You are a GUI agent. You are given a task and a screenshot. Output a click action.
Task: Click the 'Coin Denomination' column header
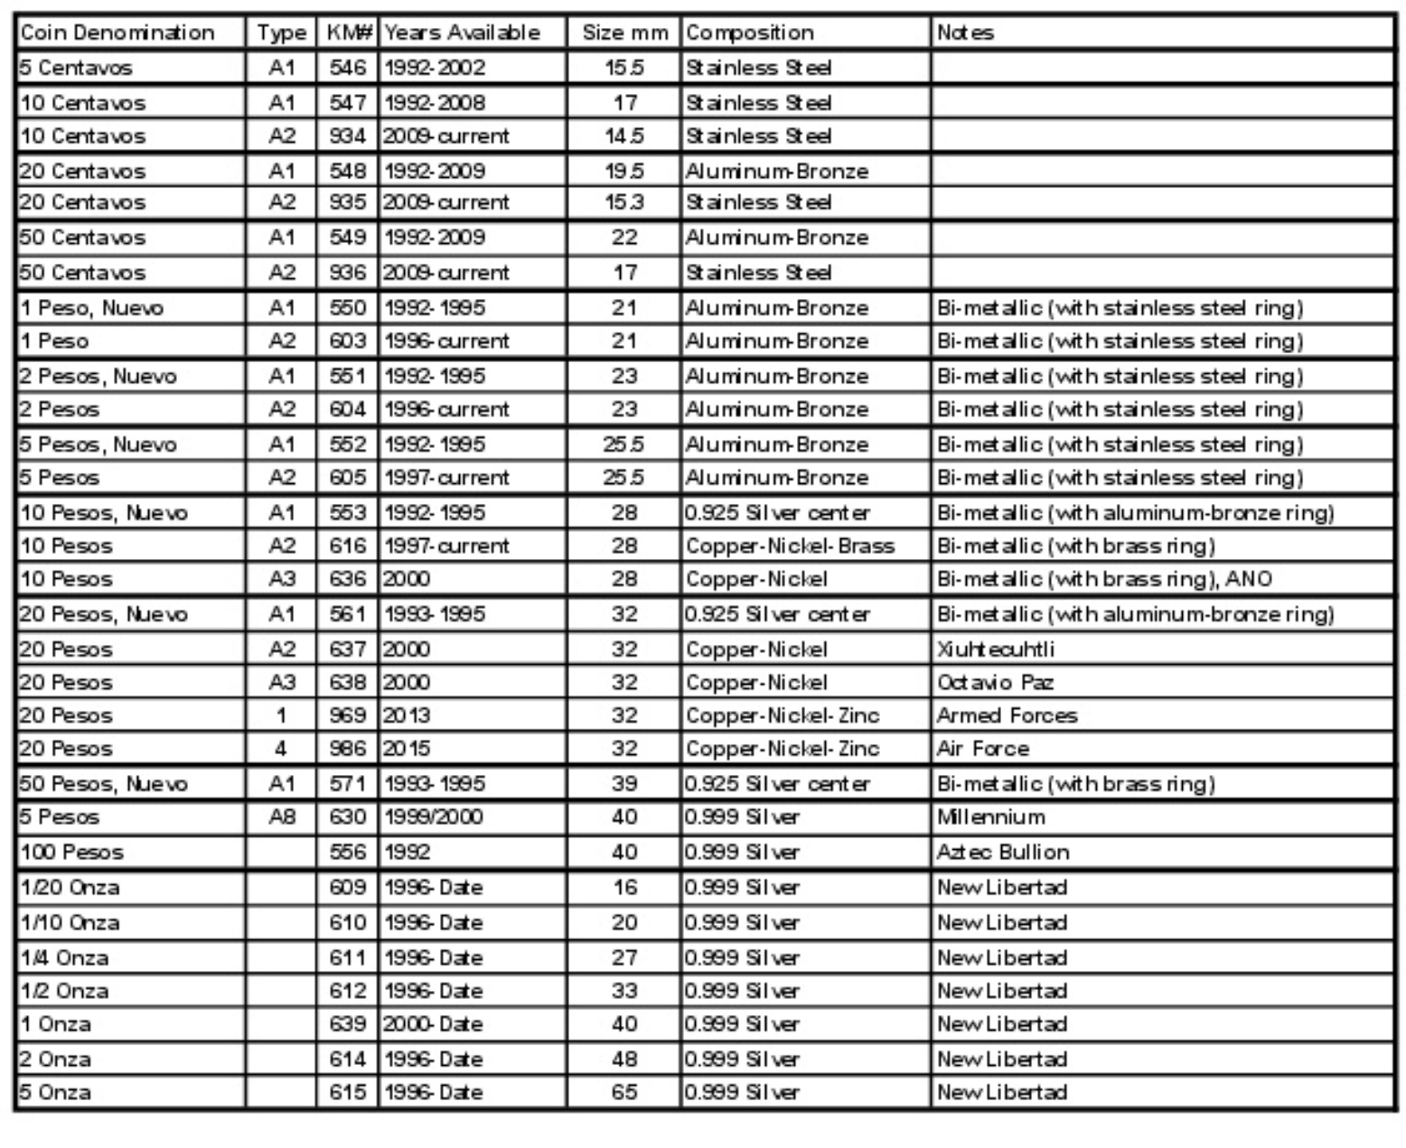pos(117,33)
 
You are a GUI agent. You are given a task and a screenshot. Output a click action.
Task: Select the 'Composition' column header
pos(749,33)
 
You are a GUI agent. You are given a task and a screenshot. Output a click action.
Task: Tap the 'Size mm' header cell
pos(624,33)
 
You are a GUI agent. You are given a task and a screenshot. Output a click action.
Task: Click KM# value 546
pos(348,68)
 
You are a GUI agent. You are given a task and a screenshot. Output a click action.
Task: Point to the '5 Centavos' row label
pos(76,68)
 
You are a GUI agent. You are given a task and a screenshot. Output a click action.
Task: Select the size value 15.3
pos(624,202)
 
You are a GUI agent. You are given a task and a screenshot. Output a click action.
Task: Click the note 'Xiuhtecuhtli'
pos(995,649)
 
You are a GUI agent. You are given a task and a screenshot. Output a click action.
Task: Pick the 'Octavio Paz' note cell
pos(995,683)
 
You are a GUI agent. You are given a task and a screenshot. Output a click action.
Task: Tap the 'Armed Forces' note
pos(1007,716)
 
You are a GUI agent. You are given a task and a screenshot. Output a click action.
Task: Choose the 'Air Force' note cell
pos(983,749)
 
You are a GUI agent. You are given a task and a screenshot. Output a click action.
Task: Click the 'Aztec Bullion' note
pos(1003,853)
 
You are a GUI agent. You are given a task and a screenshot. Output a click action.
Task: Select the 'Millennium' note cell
pos(991,817)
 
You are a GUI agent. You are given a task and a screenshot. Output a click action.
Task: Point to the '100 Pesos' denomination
pos(71,853)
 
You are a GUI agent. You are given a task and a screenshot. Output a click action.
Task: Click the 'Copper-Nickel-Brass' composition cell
pos(790,546)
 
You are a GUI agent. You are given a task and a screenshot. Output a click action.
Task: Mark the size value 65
pos(624,1093)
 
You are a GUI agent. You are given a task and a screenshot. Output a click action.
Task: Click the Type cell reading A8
pos(281,817)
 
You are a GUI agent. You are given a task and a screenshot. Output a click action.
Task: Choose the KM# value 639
pos(348,1024)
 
